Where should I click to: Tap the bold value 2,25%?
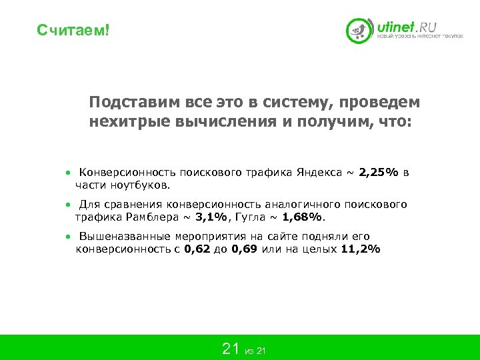click(379, 173)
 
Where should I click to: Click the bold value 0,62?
click(197, 249)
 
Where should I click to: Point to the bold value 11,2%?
click(360, 249)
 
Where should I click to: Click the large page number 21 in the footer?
click(231, 348)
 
